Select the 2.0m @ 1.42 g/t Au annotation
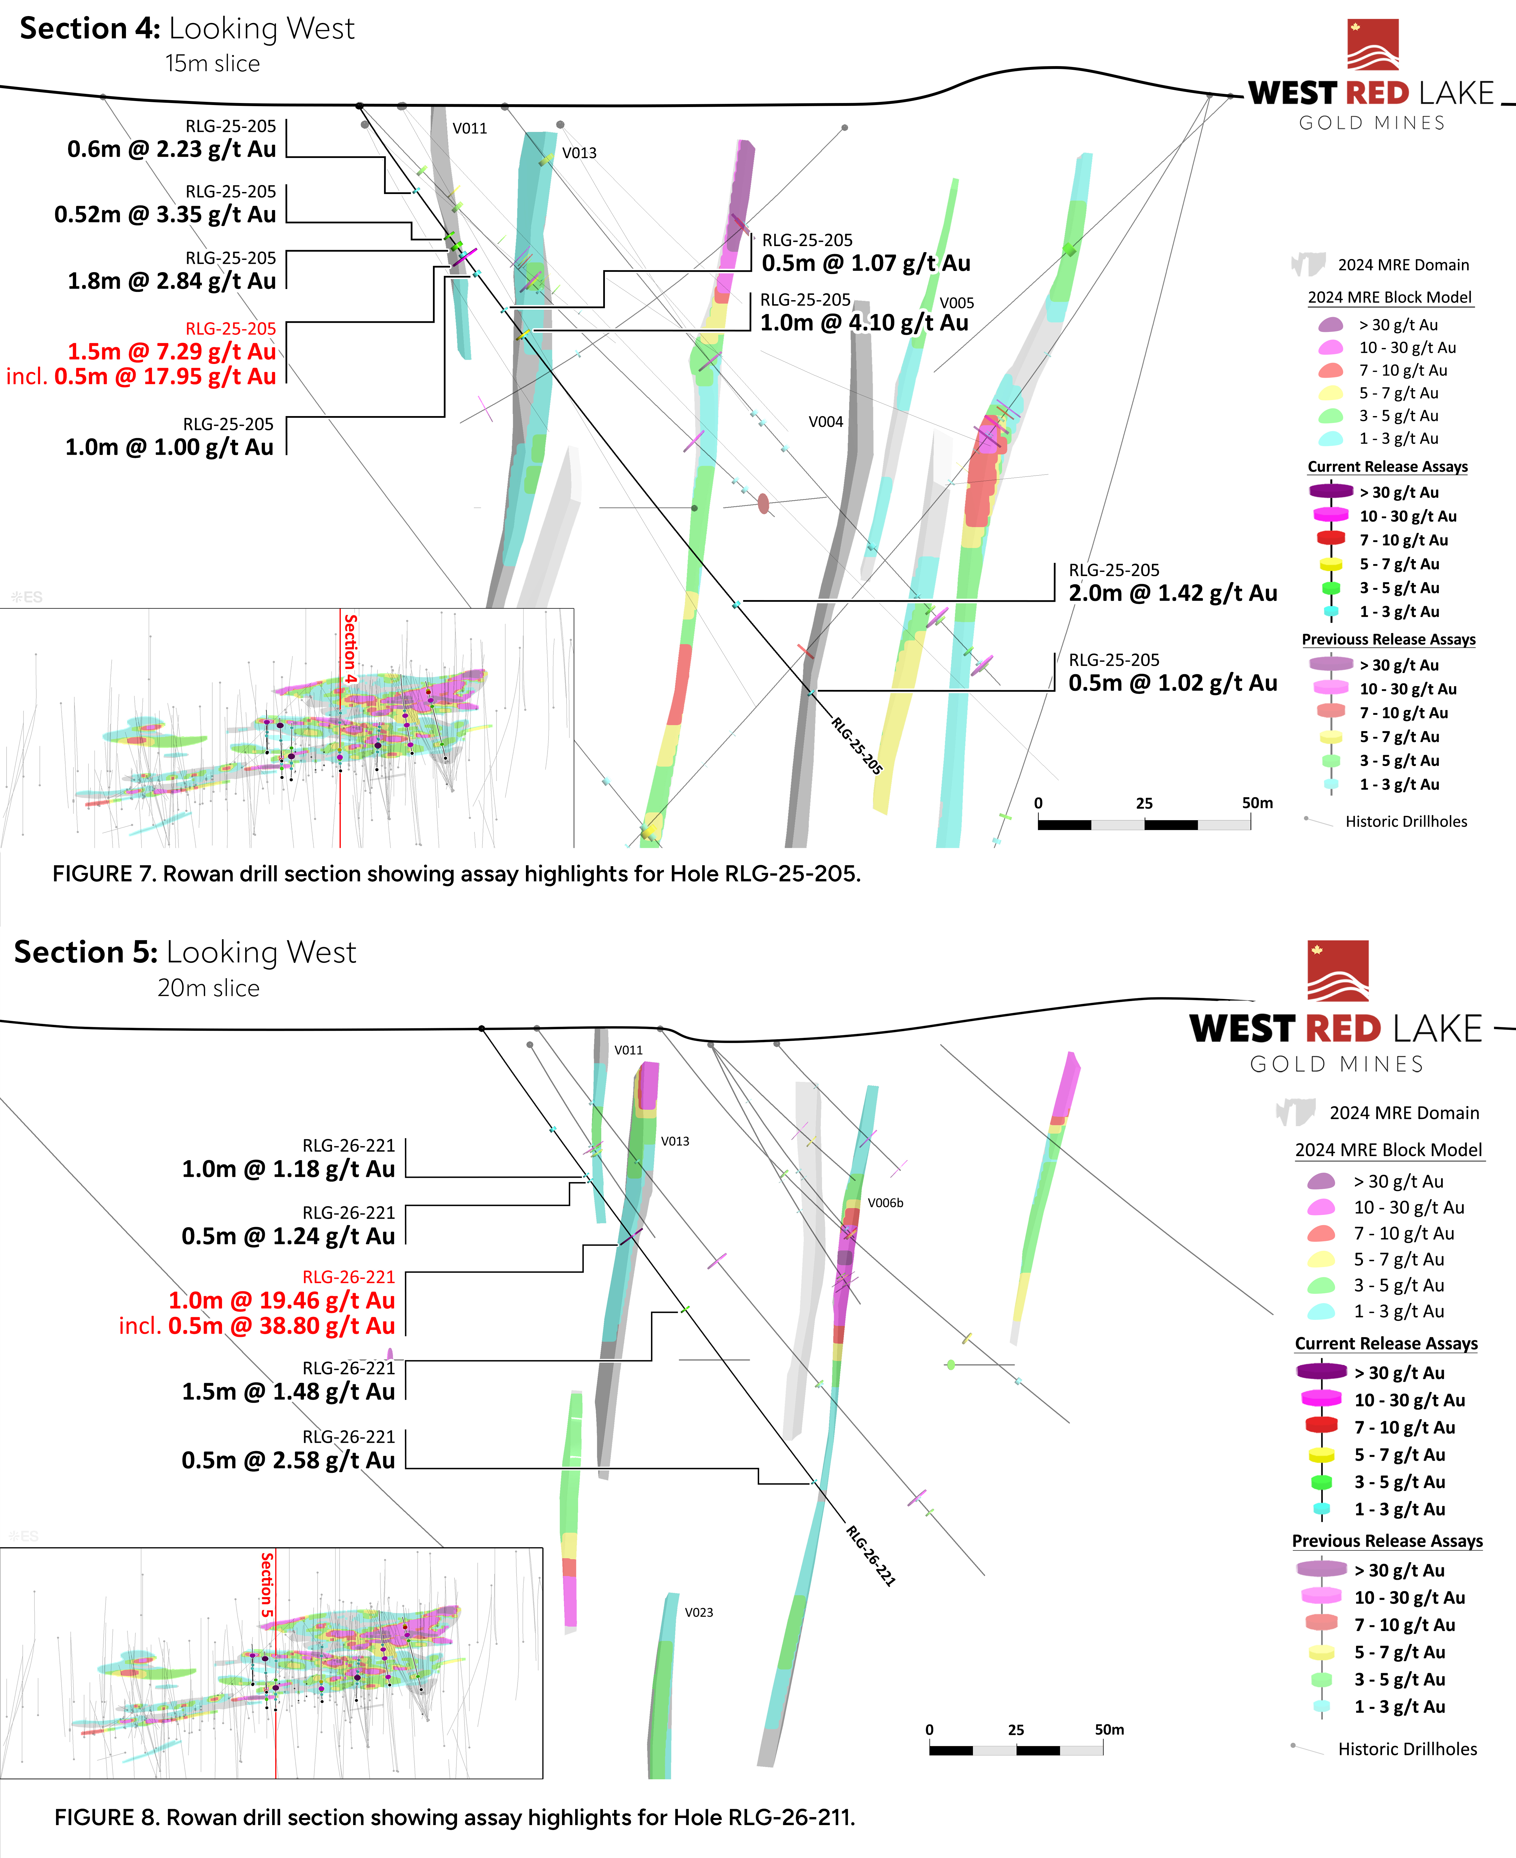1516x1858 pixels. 1172,594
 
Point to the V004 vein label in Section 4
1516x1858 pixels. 825,422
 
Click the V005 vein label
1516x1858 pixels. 956,303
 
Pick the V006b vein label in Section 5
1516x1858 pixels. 885,1203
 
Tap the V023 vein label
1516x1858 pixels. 698,1613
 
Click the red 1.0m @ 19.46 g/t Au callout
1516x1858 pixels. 281,1301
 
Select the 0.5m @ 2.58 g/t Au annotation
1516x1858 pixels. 288,1461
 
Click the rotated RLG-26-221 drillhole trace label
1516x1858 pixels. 871,1555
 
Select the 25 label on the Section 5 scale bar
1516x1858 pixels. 1016,1730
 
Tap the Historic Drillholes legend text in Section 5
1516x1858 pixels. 1407,1749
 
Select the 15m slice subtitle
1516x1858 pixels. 212,64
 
